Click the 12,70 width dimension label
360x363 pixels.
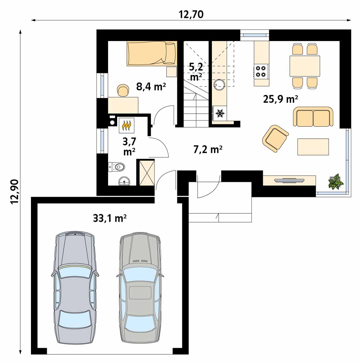pos(191,14)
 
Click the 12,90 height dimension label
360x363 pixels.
pos(14,192)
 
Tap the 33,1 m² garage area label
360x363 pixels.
pos(110,218)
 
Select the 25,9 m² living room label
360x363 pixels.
pos(281,99)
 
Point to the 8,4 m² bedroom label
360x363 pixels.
pos(151,87)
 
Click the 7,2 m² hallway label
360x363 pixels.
pos(208,150)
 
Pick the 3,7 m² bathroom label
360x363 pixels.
pos(129,146)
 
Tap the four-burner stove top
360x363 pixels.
pos(261,71)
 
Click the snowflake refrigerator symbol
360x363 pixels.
pos(219,113)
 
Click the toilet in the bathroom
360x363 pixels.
pos(116,167)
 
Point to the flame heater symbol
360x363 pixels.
pos(127,125)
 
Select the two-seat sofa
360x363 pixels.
pos(313,116)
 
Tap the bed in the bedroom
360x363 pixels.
pos(152,53)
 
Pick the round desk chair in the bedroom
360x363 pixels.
pos(123,90)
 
